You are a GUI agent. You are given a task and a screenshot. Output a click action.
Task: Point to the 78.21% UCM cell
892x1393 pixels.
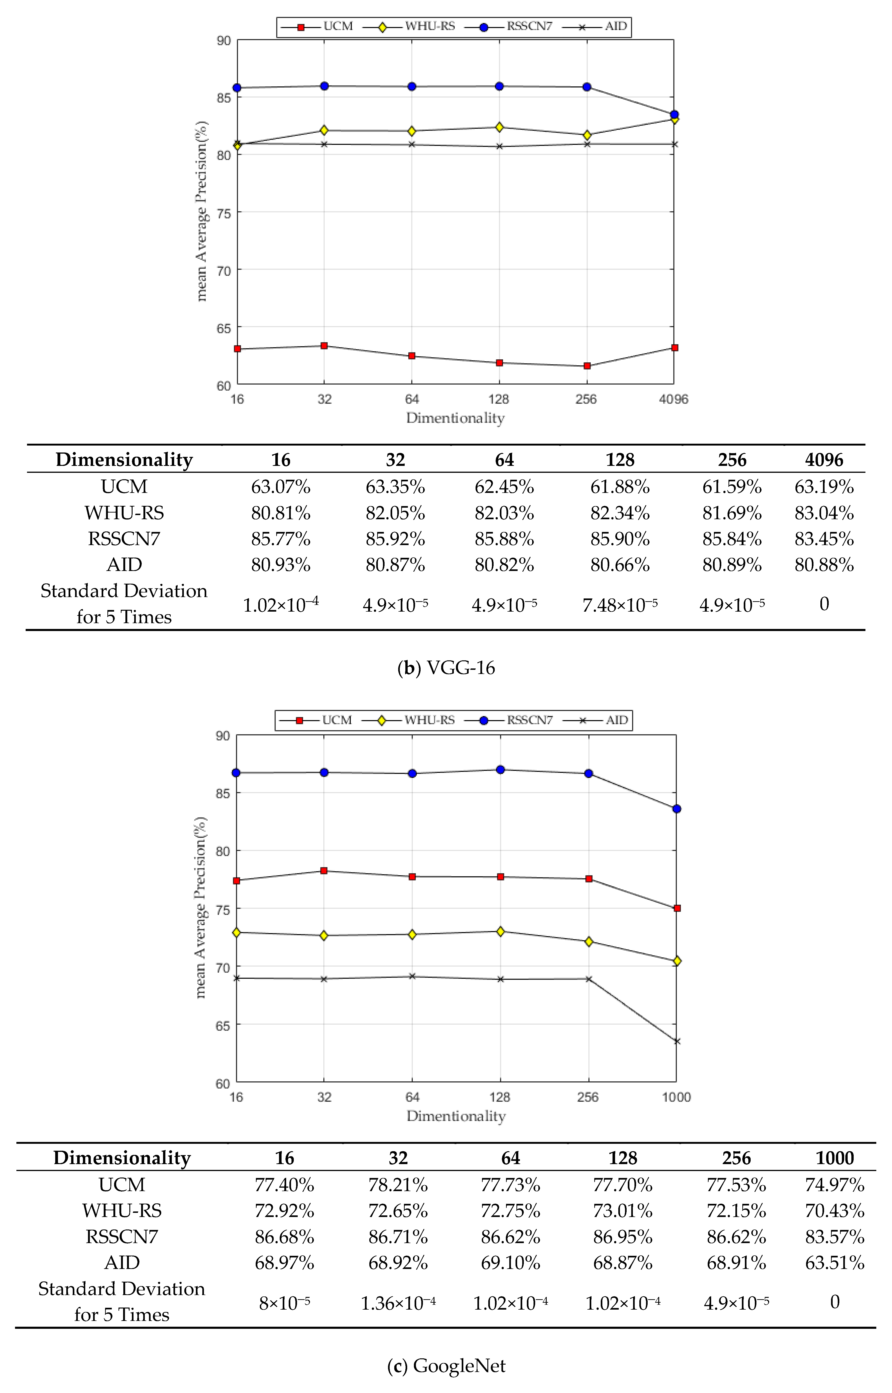point(398,1184)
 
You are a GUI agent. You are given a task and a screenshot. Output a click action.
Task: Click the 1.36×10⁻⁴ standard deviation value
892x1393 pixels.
point(398,1303)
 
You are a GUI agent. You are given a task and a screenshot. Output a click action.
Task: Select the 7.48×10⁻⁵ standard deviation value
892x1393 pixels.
point(620,605)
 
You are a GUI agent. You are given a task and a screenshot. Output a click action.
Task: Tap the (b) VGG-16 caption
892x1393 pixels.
point(446,668)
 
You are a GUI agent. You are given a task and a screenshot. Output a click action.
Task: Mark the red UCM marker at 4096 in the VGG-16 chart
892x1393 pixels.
point(674,348)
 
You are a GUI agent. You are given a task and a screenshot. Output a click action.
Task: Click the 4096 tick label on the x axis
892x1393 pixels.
point(674,399)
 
